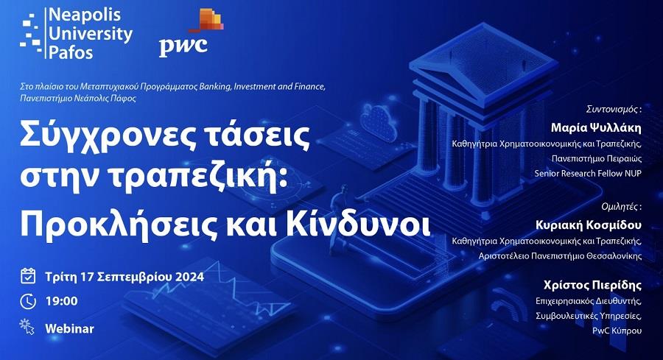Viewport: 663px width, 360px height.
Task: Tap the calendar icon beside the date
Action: click(28, 277)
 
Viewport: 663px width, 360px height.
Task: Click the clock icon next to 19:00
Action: click(28, 300)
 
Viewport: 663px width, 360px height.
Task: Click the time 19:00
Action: click(62, 301)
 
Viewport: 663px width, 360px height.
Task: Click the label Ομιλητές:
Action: click(622, 206)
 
